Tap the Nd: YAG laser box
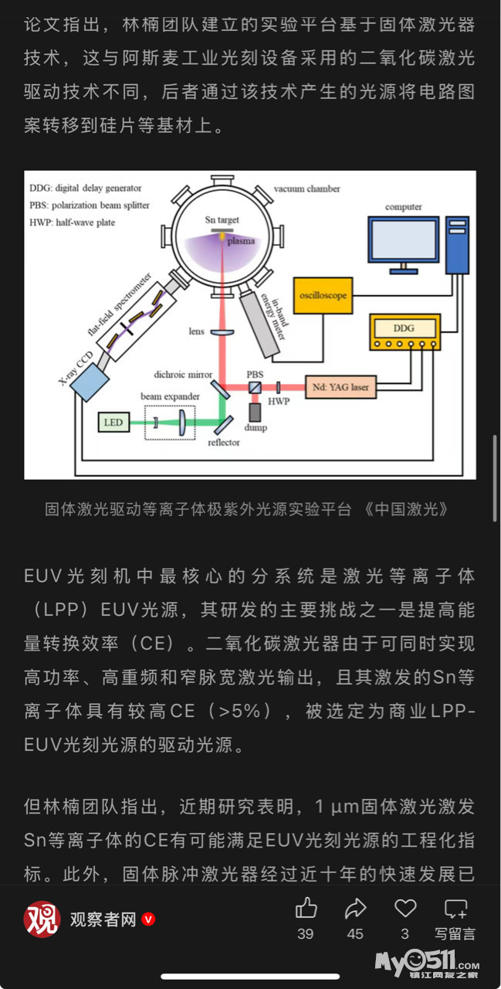(340, 387)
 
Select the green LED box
(113, 422)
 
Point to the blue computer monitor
(402, 241)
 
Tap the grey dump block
(256, 413)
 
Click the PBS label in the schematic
(255, 374)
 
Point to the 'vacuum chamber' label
(306, 189)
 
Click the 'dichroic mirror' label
(183, 375)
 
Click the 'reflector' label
(224, 443)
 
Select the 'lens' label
(197, 331)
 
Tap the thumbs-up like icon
(306, 908)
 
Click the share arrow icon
(355, 908)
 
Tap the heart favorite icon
(405, 908)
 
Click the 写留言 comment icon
(455, 909)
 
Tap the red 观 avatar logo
(42, 919)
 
